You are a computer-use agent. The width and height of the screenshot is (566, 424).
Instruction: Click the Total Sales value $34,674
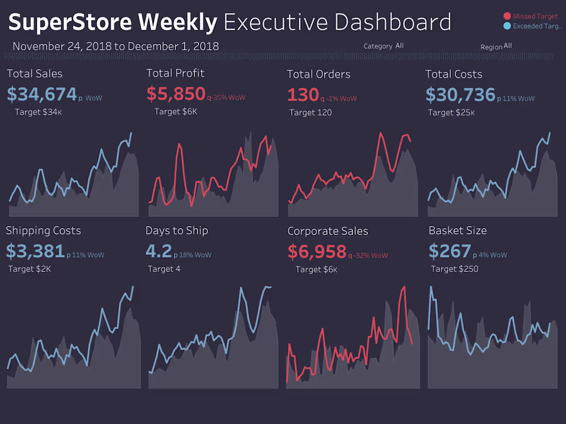(x=42, y=95)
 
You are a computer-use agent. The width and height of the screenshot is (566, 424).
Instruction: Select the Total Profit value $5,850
(x=176, y=94)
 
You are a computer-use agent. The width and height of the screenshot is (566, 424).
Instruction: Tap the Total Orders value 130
(x=303, y=95)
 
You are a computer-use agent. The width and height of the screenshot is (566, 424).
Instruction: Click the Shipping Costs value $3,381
(x=35, y=251)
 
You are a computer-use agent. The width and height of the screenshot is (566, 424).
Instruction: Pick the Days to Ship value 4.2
(x=158, y=251)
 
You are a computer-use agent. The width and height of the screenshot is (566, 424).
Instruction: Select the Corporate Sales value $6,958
(x=317, y=252)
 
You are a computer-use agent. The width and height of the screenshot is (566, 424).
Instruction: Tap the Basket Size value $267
(x=450, y=251)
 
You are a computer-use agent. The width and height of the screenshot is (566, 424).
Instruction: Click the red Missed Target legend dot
(x=507, y=16)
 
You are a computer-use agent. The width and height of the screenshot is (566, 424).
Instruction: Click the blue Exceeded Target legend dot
(x=507, y=26)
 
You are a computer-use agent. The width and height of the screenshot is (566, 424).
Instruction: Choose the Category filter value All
(x=399, y=46)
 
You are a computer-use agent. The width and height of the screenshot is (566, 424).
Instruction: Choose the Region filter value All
(x=507, y=46)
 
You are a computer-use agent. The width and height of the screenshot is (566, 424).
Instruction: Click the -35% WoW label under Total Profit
(x=228, y=98)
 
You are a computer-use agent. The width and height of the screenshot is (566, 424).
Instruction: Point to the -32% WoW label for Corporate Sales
(x=371, y=255)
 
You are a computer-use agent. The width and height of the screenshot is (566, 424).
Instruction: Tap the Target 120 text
(x=310, y=113)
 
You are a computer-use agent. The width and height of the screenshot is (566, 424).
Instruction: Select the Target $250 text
(x=454, y=269)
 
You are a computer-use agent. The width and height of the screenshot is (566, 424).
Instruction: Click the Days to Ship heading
(x=176, y=231)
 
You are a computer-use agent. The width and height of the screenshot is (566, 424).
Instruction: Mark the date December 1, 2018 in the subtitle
(x=173, y=46)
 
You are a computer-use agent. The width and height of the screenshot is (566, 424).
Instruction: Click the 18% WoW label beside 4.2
(x=195, y=255)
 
